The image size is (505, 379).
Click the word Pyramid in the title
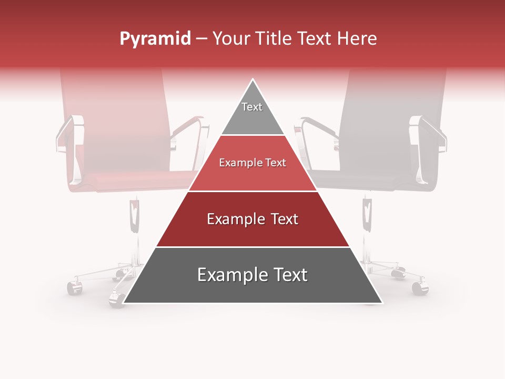point(155,39)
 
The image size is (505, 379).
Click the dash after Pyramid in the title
point(201,39)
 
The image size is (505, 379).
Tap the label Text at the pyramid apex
point(252,107)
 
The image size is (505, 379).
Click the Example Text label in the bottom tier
point(252,275)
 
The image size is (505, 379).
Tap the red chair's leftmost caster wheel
point(74,288)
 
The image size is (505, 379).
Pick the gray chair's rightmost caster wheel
point(420,287)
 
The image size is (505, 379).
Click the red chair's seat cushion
point(132,182)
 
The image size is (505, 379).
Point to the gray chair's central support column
point(367,221)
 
